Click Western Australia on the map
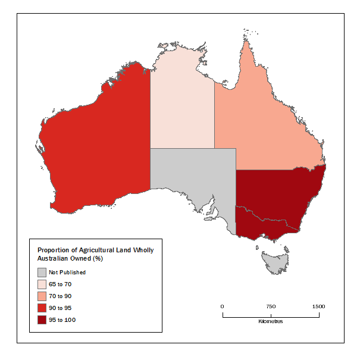(95, 143)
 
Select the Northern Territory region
(181, 104)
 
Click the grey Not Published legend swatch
(42, 272)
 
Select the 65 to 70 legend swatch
(42, 284)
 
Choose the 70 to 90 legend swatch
(42, 296)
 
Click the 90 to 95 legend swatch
(42, 308)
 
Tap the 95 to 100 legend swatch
(42, 320)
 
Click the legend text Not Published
(67, 273)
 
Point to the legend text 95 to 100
(62, 320)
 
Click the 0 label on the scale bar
(223, 306)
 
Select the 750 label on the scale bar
(271, 306)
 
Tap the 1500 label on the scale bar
(318, 306)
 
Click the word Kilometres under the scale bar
(271, 321)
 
